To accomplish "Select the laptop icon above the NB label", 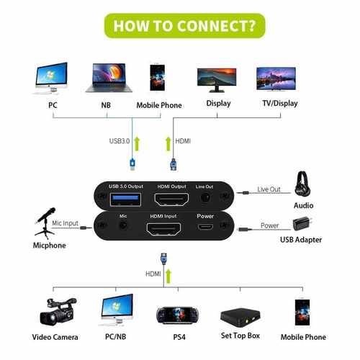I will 106,78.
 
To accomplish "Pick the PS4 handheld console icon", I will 177,315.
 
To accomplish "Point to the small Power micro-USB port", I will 206,230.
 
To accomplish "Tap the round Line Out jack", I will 208,196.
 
